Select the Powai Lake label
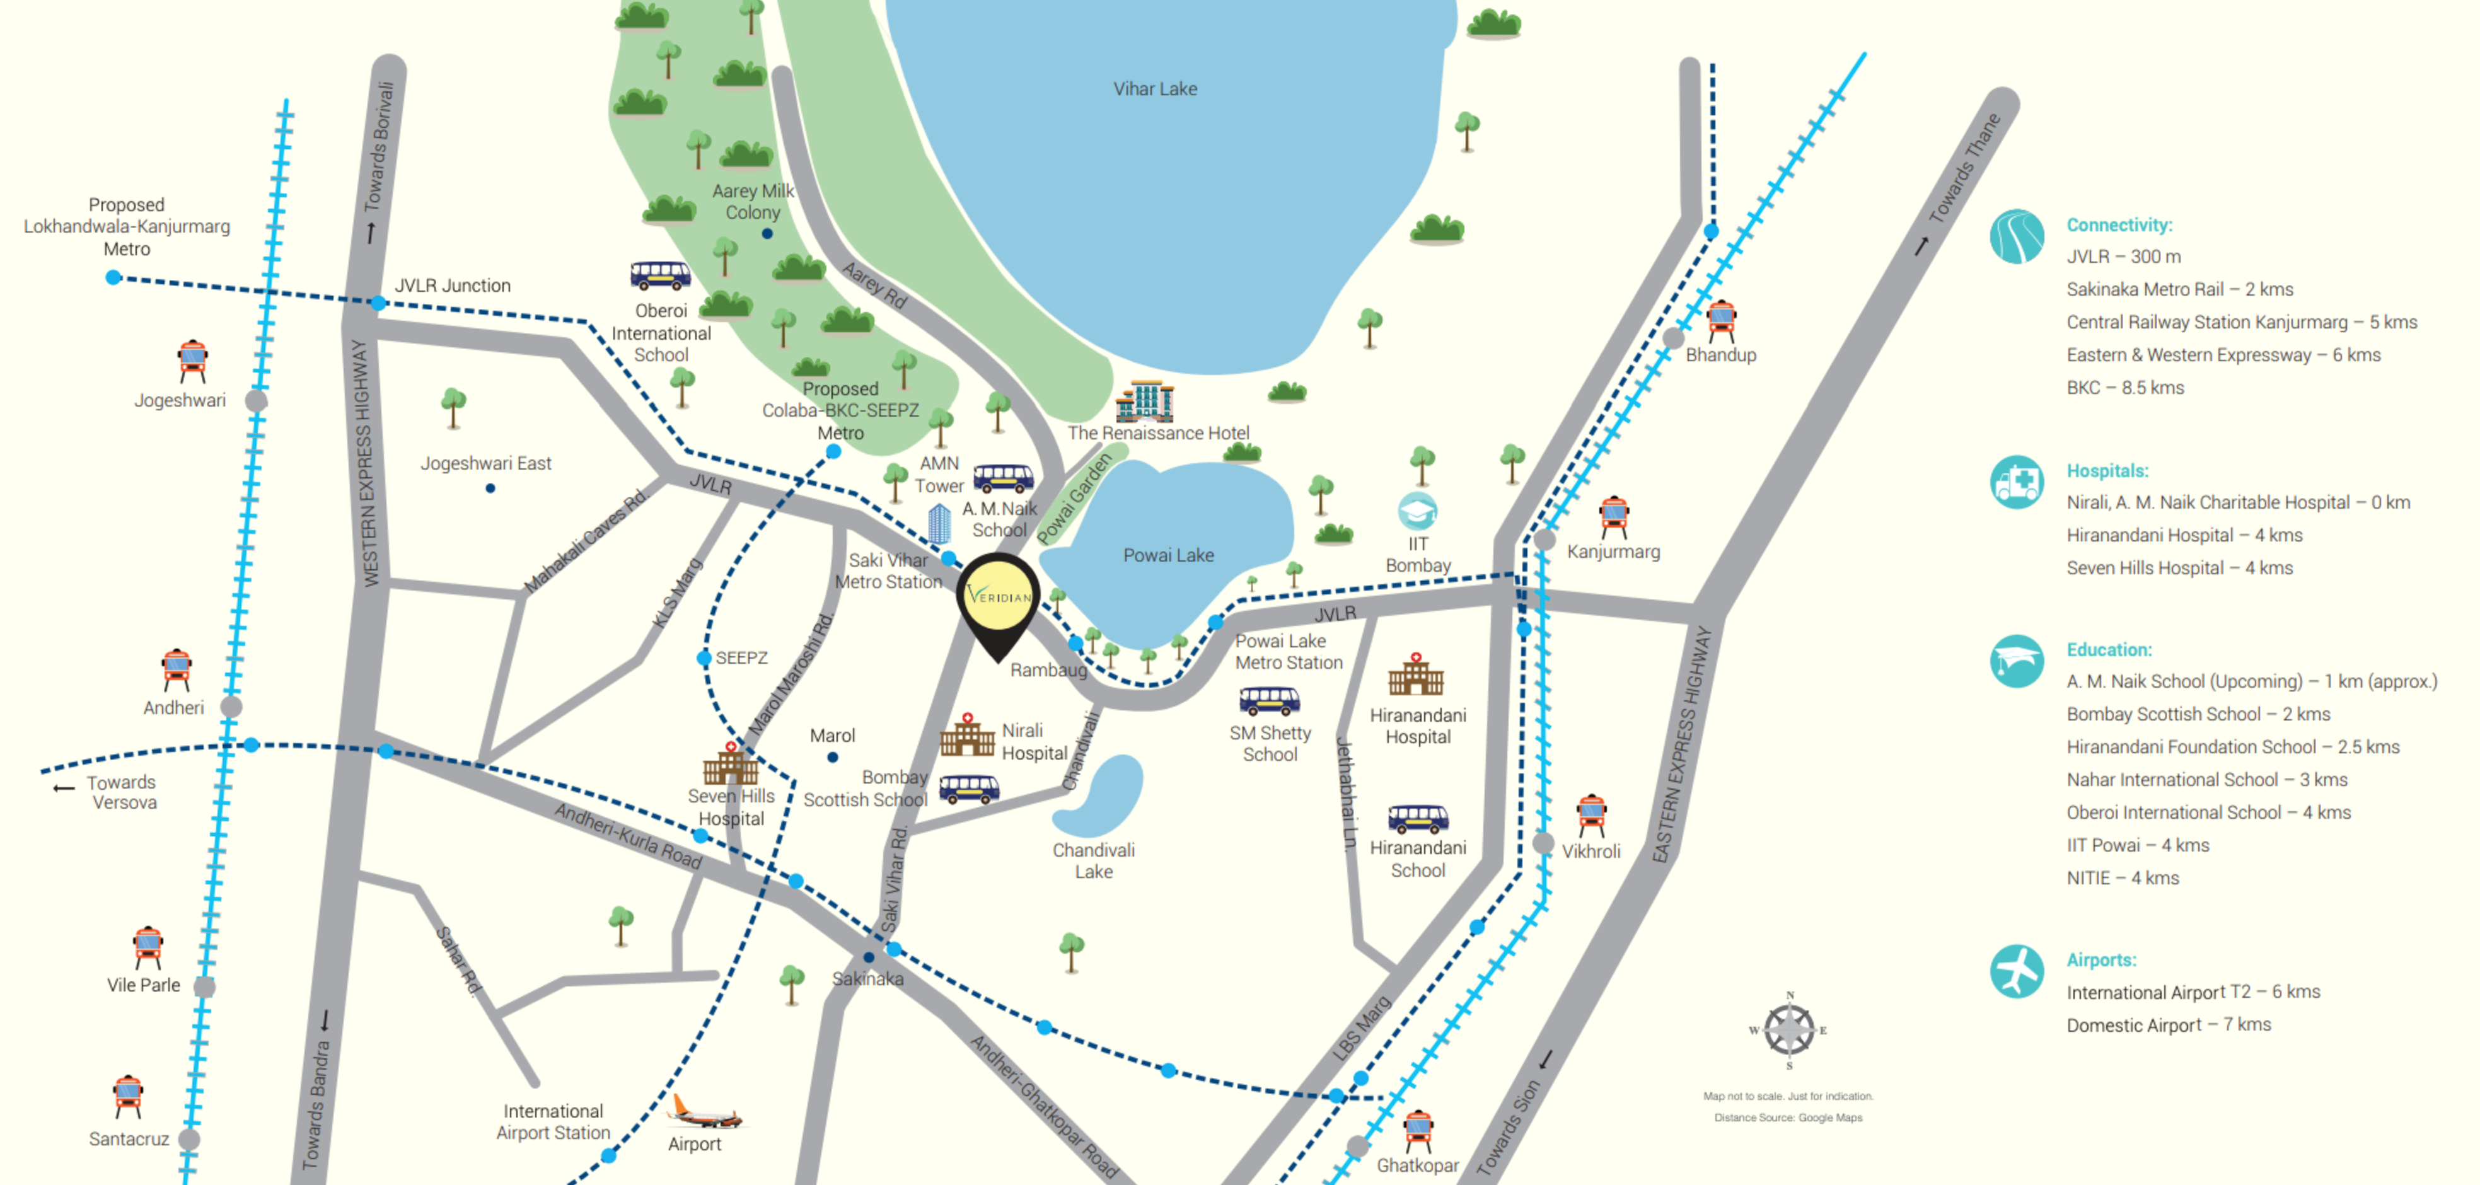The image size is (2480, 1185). pos(1168,555)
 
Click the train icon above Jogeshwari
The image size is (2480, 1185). pos(192,361)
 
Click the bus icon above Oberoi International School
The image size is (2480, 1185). pos(661,275)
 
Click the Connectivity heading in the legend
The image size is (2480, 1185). pos(2119,225)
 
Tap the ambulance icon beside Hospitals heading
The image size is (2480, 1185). pos(2016,482)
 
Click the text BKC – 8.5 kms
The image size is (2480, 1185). pos(2124,388)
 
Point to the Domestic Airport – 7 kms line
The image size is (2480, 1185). pos(2168,1025)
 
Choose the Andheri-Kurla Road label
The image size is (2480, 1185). pos(628,836)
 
